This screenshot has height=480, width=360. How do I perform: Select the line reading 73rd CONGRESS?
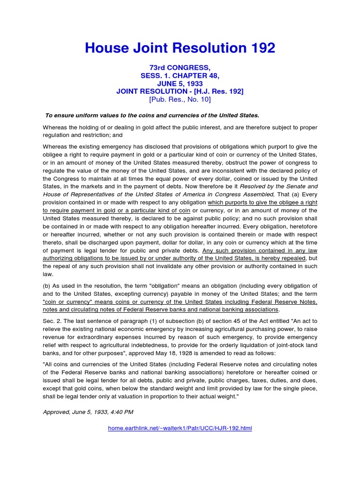point(180,68)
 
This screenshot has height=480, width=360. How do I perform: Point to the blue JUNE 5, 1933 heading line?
point(180,83)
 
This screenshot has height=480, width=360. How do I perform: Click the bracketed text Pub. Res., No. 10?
point(180,99)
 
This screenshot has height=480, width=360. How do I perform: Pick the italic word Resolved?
point(252,187)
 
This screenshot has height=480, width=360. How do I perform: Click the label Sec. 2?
point(51,322)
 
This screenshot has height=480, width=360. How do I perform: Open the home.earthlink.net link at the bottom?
point(180,428)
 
